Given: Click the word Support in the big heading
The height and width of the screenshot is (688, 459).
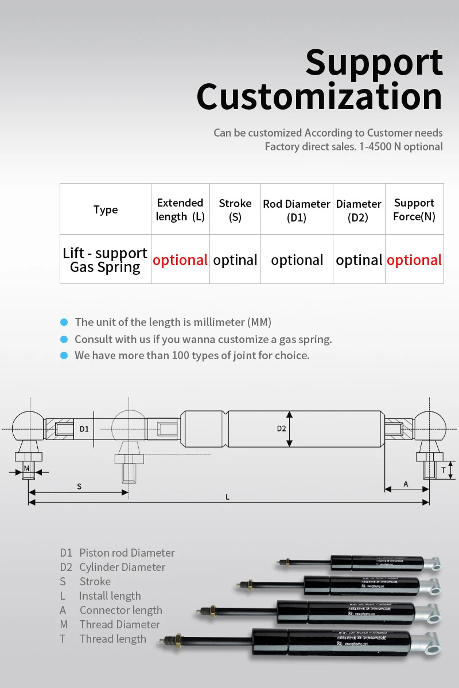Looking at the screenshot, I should (374, 63).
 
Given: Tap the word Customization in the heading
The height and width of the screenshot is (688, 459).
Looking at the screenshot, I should (320, 97).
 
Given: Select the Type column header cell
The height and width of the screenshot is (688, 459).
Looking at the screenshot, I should (106, 209).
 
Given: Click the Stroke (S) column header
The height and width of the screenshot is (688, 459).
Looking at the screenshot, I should (235, 210).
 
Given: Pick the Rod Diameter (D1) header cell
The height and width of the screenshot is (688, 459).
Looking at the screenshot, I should (297, 211).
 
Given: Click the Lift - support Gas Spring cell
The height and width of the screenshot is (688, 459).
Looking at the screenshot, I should (106, 260).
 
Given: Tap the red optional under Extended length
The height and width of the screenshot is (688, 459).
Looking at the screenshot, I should (180, 260).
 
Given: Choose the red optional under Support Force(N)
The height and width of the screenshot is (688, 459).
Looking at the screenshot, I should (414, 260).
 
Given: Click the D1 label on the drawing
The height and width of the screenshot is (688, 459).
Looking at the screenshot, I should (84, 429).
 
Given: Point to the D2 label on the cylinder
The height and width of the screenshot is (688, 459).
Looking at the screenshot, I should (281, 428).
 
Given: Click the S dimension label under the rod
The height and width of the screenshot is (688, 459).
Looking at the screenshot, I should (79, 486).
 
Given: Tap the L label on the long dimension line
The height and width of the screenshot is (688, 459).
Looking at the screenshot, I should (228, 497).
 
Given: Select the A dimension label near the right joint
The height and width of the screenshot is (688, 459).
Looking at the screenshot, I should (406, 484).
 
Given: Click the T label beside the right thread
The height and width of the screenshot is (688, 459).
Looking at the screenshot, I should (444, 470).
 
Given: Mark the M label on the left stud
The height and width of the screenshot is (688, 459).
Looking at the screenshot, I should (26, 469).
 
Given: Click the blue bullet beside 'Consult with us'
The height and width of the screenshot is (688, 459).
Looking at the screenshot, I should (64, 339).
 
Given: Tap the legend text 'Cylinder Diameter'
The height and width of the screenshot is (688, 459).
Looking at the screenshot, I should (122, 567).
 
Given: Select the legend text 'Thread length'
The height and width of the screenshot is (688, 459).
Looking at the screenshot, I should (112, 639).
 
